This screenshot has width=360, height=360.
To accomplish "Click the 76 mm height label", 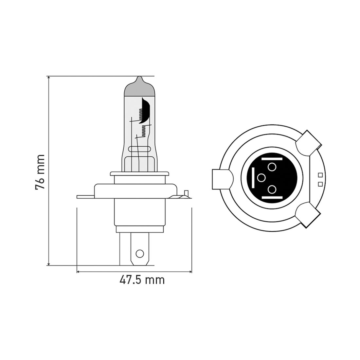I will click(x=40, y=171).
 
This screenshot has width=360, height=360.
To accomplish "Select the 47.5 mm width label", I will click(x=142, y=280).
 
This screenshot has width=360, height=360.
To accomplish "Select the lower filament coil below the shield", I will click(x=143, y=131).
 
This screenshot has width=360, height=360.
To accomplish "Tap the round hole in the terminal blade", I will click(x=140, y=253).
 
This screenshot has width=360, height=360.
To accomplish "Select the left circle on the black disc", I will click(x=261, y=178).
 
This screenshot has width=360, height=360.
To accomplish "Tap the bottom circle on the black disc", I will click(x=272, y=189).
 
